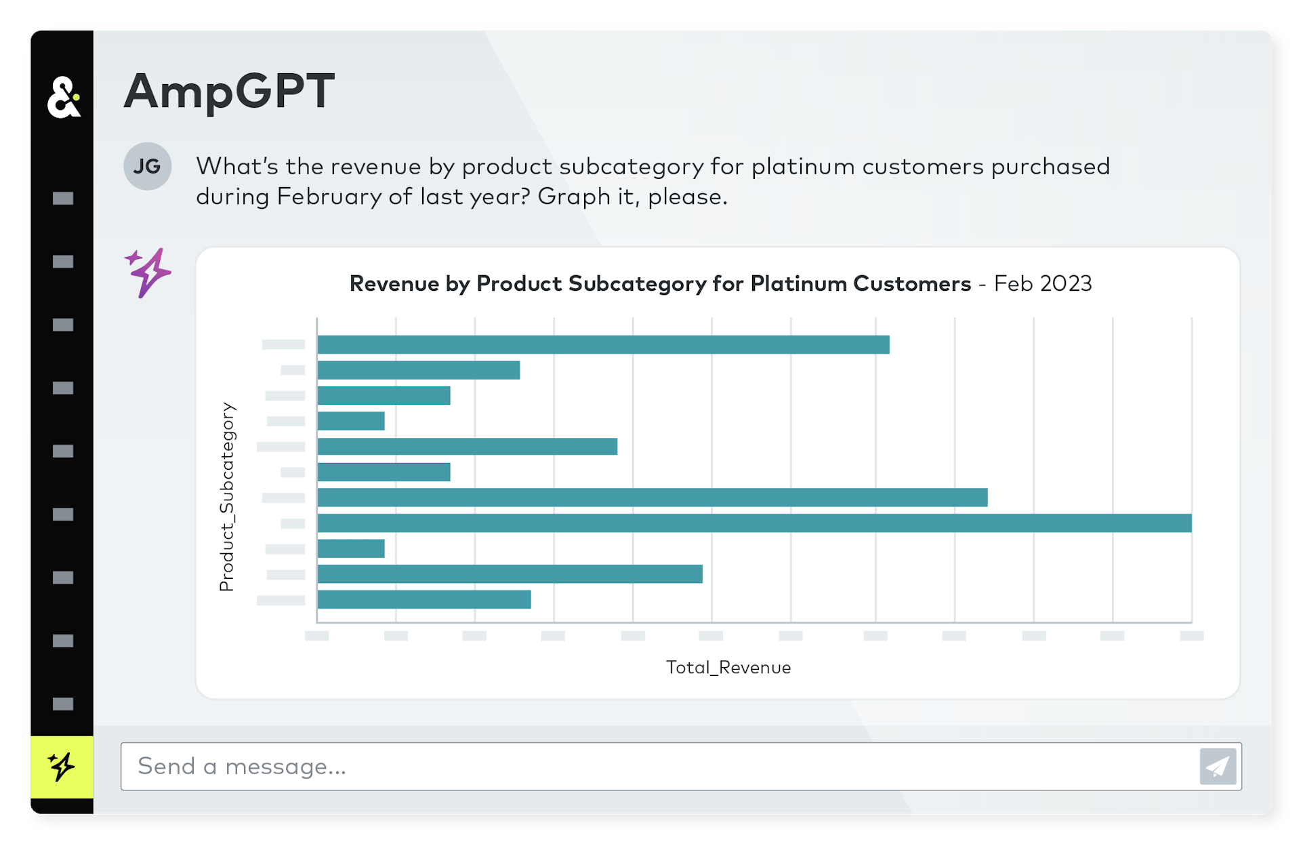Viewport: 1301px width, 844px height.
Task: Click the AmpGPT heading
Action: [x=229, y=91]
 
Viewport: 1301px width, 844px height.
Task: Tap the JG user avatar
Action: [x=147, y=166]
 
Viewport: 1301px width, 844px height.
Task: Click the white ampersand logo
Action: [x=64, y=98]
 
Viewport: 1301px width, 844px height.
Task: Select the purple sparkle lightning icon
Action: [x=148, y=273]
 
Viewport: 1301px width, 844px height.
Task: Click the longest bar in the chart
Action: [x=753, y=523]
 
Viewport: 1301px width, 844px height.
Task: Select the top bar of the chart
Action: [x=602, y=344]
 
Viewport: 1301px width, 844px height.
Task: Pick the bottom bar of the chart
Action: [x=424, y=599]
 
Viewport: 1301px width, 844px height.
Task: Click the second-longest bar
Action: [x=652, y=498]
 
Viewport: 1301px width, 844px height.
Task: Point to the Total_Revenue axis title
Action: [x=728, y=668]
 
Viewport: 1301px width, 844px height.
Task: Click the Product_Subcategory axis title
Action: [x=227, y=496]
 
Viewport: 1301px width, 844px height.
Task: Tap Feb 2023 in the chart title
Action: [x=1042, y=283]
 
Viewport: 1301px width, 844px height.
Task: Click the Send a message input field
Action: [x=657, y=766]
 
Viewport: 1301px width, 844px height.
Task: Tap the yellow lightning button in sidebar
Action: [x=62, y=767]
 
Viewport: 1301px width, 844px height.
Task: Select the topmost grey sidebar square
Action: [x=63, y=198]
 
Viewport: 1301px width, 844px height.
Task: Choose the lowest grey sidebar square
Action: [x=63, y=704]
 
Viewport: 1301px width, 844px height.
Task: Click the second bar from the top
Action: [x=418, y=370]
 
